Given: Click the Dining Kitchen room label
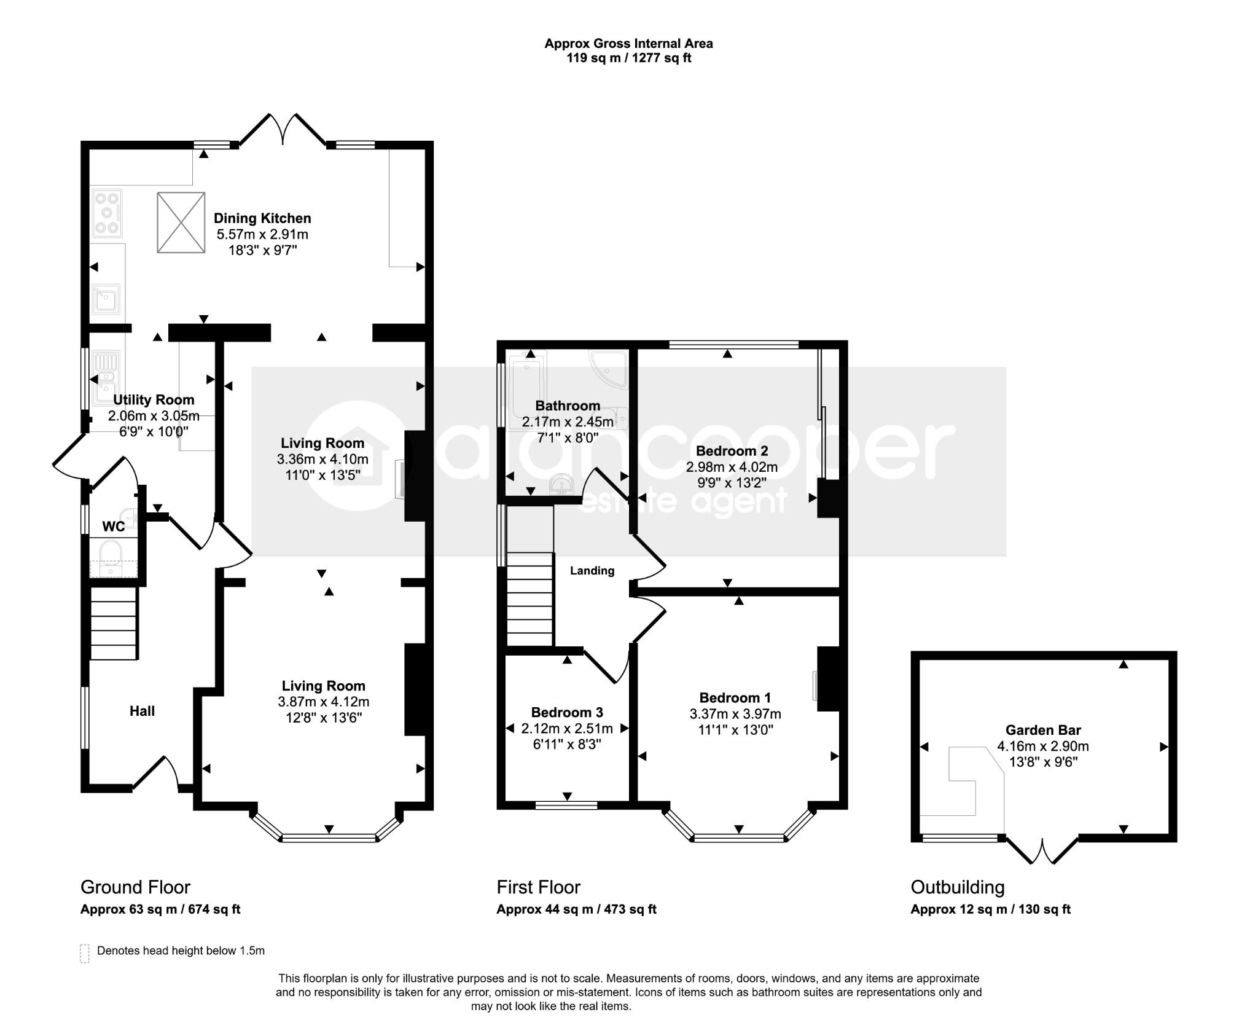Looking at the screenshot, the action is coord(262,218).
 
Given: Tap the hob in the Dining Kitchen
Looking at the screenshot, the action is coord(107,214).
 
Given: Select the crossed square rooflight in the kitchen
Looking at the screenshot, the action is coord(181,222).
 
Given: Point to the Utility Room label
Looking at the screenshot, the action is coord(154,400).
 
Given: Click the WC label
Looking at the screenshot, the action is coord(113,527).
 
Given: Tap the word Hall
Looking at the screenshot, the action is coord(142,711).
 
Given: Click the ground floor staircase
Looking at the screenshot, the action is coord(113,623).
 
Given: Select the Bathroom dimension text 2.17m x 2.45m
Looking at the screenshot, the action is coord(568,422).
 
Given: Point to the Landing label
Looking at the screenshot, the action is coord(592,571).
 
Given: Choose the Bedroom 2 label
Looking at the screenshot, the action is coord(732,451).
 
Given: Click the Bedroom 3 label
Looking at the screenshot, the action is coord(567,712).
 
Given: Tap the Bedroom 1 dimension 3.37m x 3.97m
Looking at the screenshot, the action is coord(735,714).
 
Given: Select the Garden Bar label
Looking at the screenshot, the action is coord(1043,730).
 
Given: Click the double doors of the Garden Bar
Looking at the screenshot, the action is coord(1042,850).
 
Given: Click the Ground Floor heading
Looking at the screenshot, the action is coord(135,887).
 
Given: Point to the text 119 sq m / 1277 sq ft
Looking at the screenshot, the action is coord(628,58).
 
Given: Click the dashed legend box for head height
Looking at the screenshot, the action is coord(85,953).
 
